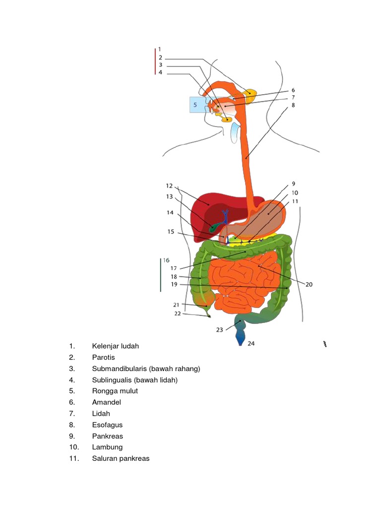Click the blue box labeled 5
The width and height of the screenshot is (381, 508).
click(x=197, y=105)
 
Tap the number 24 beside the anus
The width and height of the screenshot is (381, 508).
click(x=251, y=343)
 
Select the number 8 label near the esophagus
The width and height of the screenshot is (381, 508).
click(x=293, y=105)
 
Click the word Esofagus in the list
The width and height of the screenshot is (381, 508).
click(x=107, y=425)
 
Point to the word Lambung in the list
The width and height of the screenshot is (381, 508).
click(x=107, y=447)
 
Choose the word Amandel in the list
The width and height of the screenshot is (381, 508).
click(x=106, y=402)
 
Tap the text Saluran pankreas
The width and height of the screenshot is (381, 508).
click(x=121, y=458)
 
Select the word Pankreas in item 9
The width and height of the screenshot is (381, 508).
click(x=107, y=436)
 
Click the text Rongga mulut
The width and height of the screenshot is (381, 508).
click(x=115, y=391)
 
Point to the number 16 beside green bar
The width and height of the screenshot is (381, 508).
click(x=166, y=260)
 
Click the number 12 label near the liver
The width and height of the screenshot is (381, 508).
click(x=169, y=186)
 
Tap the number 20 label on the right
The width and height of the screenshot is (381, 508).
click(x=309, y=284)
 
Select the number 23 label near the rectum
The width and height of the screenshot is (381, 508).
click(x=219, y=329)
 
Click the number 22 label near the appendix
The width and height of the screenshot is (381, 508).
click(x=178, y=314)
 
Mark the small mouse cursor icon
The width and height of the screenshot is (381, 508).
click(x=324, y=344)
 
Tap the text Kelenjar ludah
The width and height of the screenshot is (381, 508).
click(x=115, y=346)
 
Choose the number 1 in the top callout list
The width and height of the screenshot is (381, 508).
click(x=160, y=49)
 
